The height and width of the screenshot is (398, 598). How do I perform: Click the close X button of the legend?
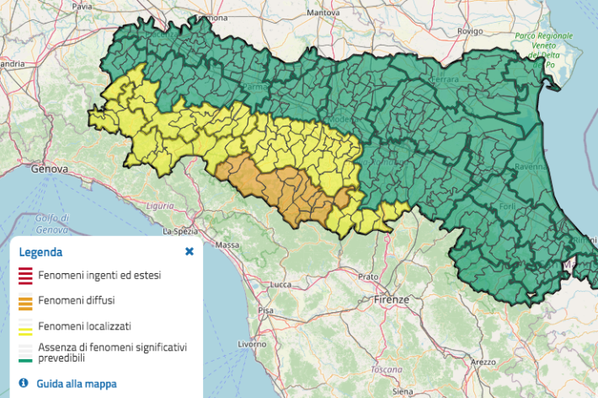coord(190,251)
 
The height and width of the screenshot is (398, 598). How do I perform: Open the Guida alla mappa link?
coord(77,384)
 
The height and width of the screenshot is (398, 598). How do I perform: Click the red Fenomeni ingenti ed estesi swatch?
coord(25,275)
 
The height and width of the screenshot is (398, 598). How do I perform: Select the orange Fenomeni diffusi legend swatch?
coord(25,300)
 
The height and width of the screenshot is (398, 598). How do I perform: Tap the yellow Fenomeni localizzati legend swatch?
coord(25,325)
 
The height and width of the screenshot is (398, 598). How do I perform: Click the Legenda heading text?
coord(40,251)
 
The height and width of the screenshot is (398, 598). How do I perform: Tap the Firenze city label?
coord(392,299)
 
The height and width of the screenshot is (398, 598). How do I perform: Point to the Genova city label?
coord(48,169)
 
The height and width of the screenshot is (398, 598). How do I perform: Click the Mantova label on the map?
coord(323,13)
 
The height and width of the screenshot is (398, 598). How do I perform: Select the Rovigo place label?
coord(468,30)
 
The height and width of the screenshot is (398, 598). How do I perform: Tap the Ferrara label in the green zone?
coord(444,78)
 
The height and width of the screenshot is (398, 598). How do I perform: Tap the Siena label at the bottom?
coord(403,391)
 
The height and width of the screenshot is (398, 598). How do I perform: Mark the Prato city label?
coord(367,276)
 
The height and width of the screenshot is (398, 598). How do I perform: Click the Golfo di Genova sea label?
coord(52,223)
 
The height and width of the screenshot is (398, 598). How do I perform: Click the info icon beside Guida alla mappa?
coord(24,383)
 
